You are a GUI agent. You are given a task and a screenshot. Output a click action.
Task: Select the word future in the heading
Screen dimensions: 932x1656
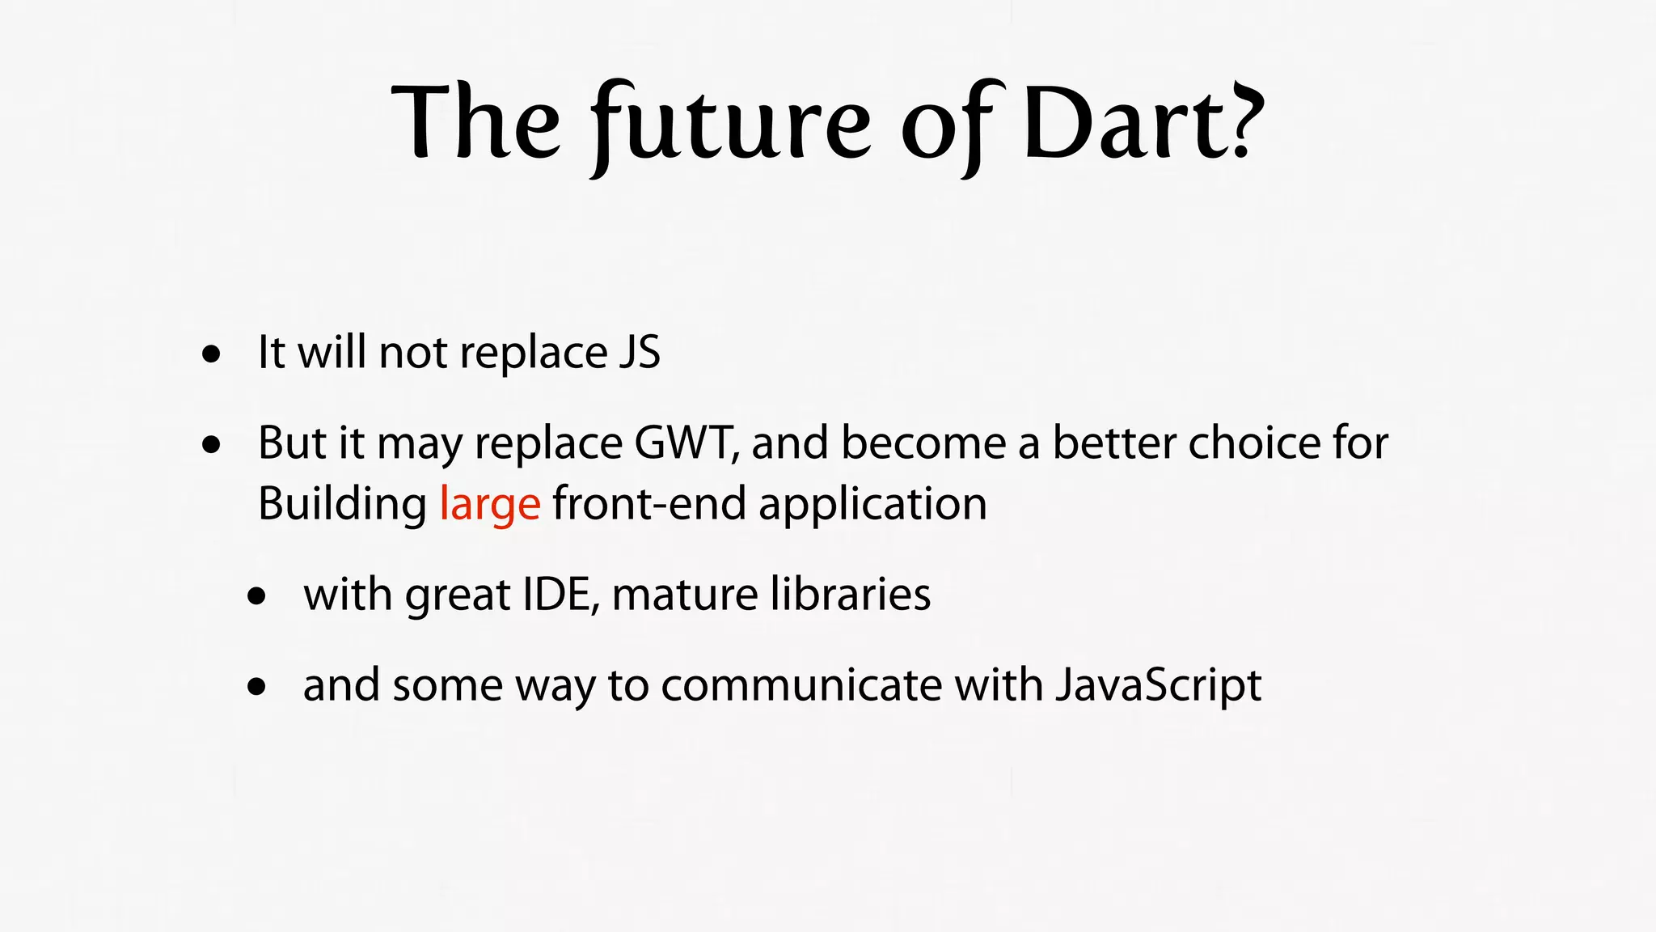click(731, 125)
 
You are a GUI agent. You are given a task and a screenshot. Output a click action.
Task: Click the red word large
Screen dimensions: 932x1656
click(490, 504)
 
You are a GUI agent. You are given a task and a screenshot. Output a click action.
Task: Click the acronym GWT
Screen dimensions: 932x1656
click(686, 443)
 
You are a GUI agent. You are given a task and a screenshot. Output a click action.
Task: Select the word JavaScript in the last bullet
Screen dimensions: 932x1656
click(1158, 685)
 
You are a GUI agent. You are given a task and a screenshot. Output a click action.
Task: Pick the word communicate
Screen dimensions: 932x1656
click(801, 685)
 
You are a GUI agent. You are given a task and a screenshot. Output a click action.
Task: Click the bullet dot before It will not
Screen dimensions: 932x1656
click(212, 354)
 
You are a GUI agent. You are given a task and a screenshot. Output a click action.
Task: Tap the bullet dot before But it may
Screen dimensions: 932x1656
click(212, 445)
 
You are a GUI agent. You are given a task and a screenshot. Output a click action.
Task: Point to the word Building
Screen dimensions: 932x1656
click(342, 504)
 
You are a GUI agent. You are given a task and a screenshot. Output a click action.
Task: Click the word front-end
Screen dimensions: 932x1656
click(648, 504)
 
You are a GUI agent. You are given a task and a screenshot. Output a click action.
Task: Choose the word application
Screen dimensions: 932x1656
click(872, 504)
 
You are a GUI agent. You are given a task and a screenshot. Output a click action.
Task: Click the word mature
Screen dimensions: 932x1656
click(685, 595)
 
